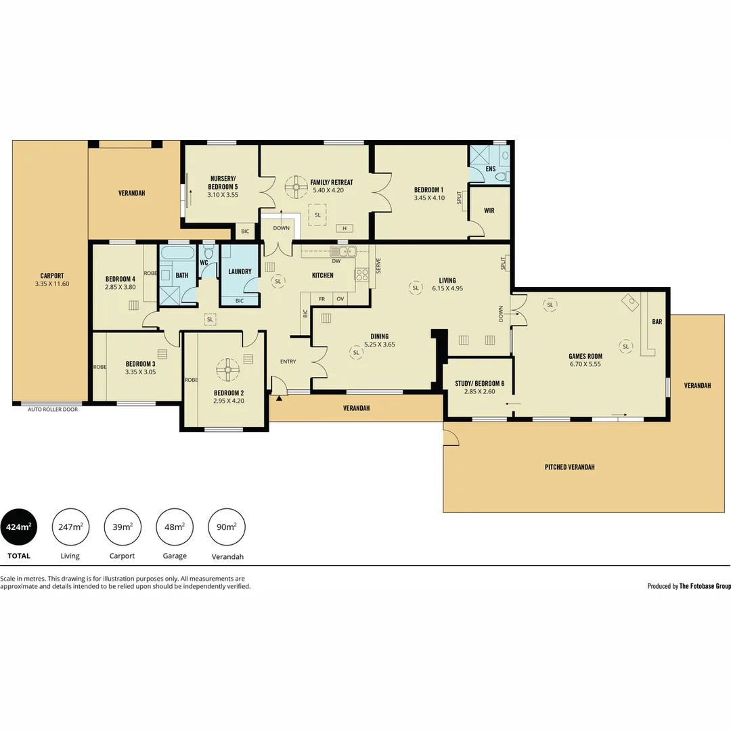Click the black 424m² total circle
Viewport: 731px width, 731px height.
[x=19, y=527]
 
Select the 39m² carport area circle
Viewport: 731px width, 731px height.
[x=123, y=527]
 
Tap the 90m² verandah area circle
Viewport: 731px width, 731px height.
[x=227, y=527]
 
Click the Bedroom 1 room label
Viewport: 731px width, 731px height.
[x=428, y=190]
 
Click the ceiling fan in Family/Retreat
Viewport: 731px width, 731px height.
[x=296, y=187]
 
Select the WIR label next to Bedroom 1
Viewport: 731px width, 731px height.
[x=489, y=211]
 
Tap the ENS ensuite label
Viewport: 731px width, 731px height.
[x=490, y=168]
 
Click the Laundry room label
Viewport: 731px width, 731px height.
[x=240, y=271]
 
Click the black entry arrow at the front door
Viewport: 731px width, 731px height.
[x=278, y=399]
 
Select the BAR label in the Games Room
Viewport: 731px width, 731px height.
[x=657, y=322]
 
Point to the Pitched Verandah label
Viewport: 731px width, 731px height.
[x=569, y=467]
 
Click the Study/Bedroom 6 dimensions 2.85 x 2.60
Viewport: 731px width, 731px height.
[x=479, y=391]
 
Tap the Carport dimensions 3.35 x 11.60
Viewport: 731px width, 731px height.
[x=51, y=284]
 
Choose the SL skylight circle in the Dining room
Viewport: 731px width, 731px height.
[x=356, y=352]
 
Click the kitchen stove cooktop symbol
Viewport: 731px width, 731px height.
[x=361, y=274]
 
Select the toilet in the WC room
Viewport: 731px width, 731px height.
[x=208, y=252]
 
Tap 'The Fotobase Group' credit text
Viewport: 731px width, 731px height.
[x=705, y=586]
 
